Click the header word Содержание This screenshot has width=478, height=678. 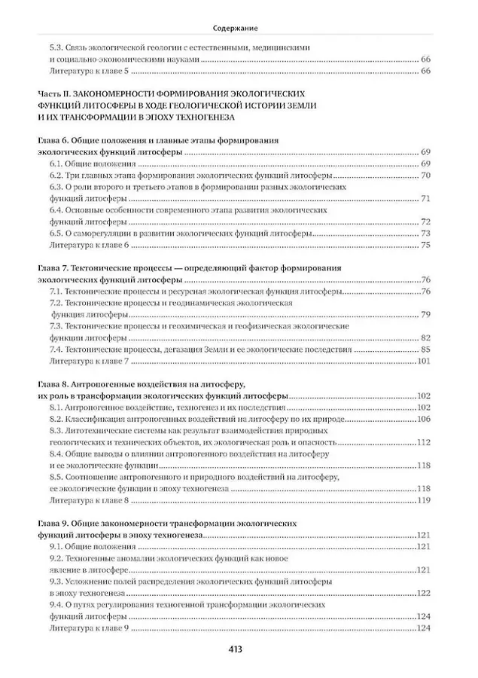pos(239,28)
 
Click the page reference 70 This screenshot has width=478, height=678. pos(425,175)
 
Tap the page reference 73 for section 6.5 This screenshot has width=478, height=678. pos(425,234)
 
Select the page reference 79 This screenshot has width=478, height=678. pos(425,314)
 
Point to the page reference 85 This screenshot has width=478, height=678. pos(425,350)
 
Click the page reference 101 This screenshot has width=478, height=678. pos(423,361)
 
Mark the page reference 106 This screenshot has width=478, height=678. pos(423,419)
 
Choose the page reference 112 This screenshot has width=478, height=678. pos(423,442)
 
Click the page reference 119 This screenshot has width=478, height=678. pos(423,500)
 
